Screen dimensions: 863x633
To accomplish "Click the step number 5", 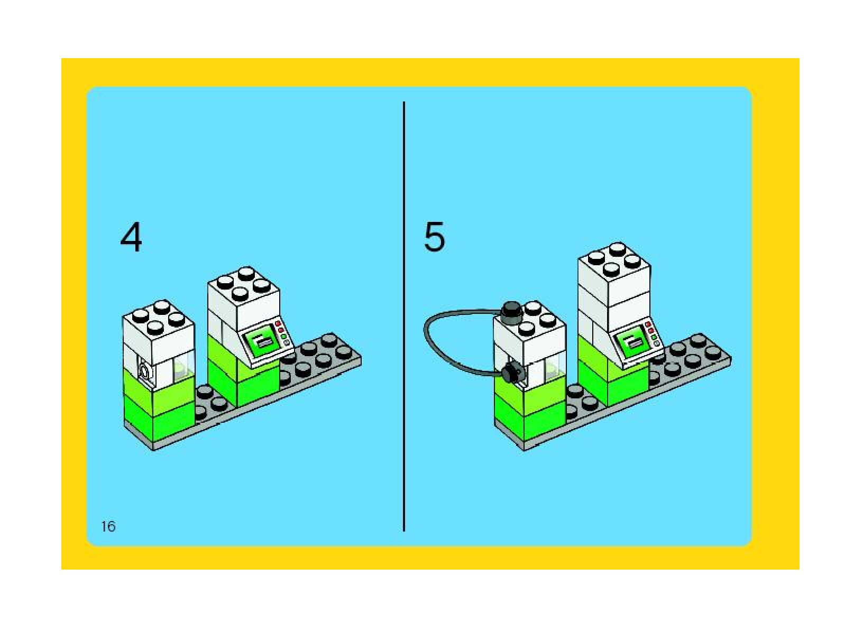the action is point(434,237).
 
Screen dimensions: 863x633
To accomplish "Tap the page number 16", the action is point(108,526).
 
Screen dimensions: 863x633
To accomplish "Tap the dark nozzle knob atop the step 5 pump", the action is point(511,311).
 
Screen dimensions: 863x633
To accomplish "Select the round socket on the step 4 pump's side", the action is point(144,371).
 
